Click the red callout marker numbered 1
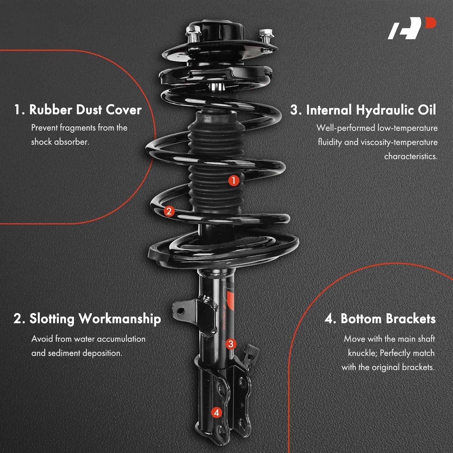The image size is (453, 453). point(234,181)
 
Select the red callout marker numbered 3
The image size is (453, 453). point(231,344)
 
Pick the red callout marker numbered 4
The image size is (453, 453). point(217,413)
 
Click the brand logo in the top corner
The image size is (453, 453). point(412,28)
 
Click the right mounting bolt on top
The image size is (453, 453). point(266,36)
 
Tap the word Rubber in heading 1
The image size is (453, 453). point(50,110)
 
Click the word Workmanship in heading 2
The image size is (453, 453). point(119,319)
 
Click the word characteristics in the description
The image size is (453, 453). point(411,156)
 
